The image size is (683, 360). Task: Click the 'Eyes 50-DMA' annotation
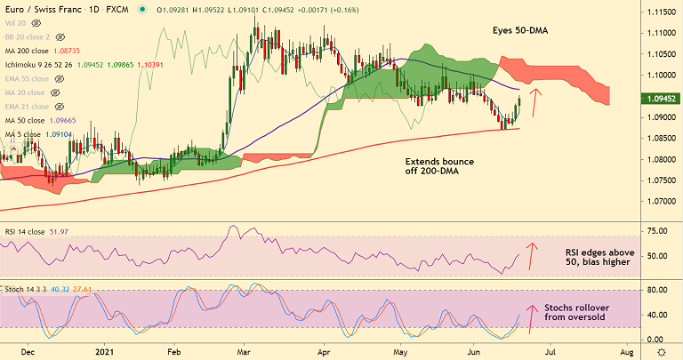tap(520, 30)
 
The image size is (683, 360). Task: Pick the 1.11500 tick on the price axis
tap(659, 13)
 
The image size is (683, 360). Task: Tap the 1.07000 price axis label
tap(659, 201)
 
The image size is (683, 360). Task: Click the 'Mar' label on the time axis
tap(243, 352)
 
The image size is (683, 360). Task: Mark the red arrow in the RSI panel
tap(534, 255)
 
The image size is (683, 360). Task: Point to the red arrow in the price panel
tap(534, 102)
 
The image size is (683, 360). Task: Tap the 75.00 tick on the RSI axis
tap(656, 231)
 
